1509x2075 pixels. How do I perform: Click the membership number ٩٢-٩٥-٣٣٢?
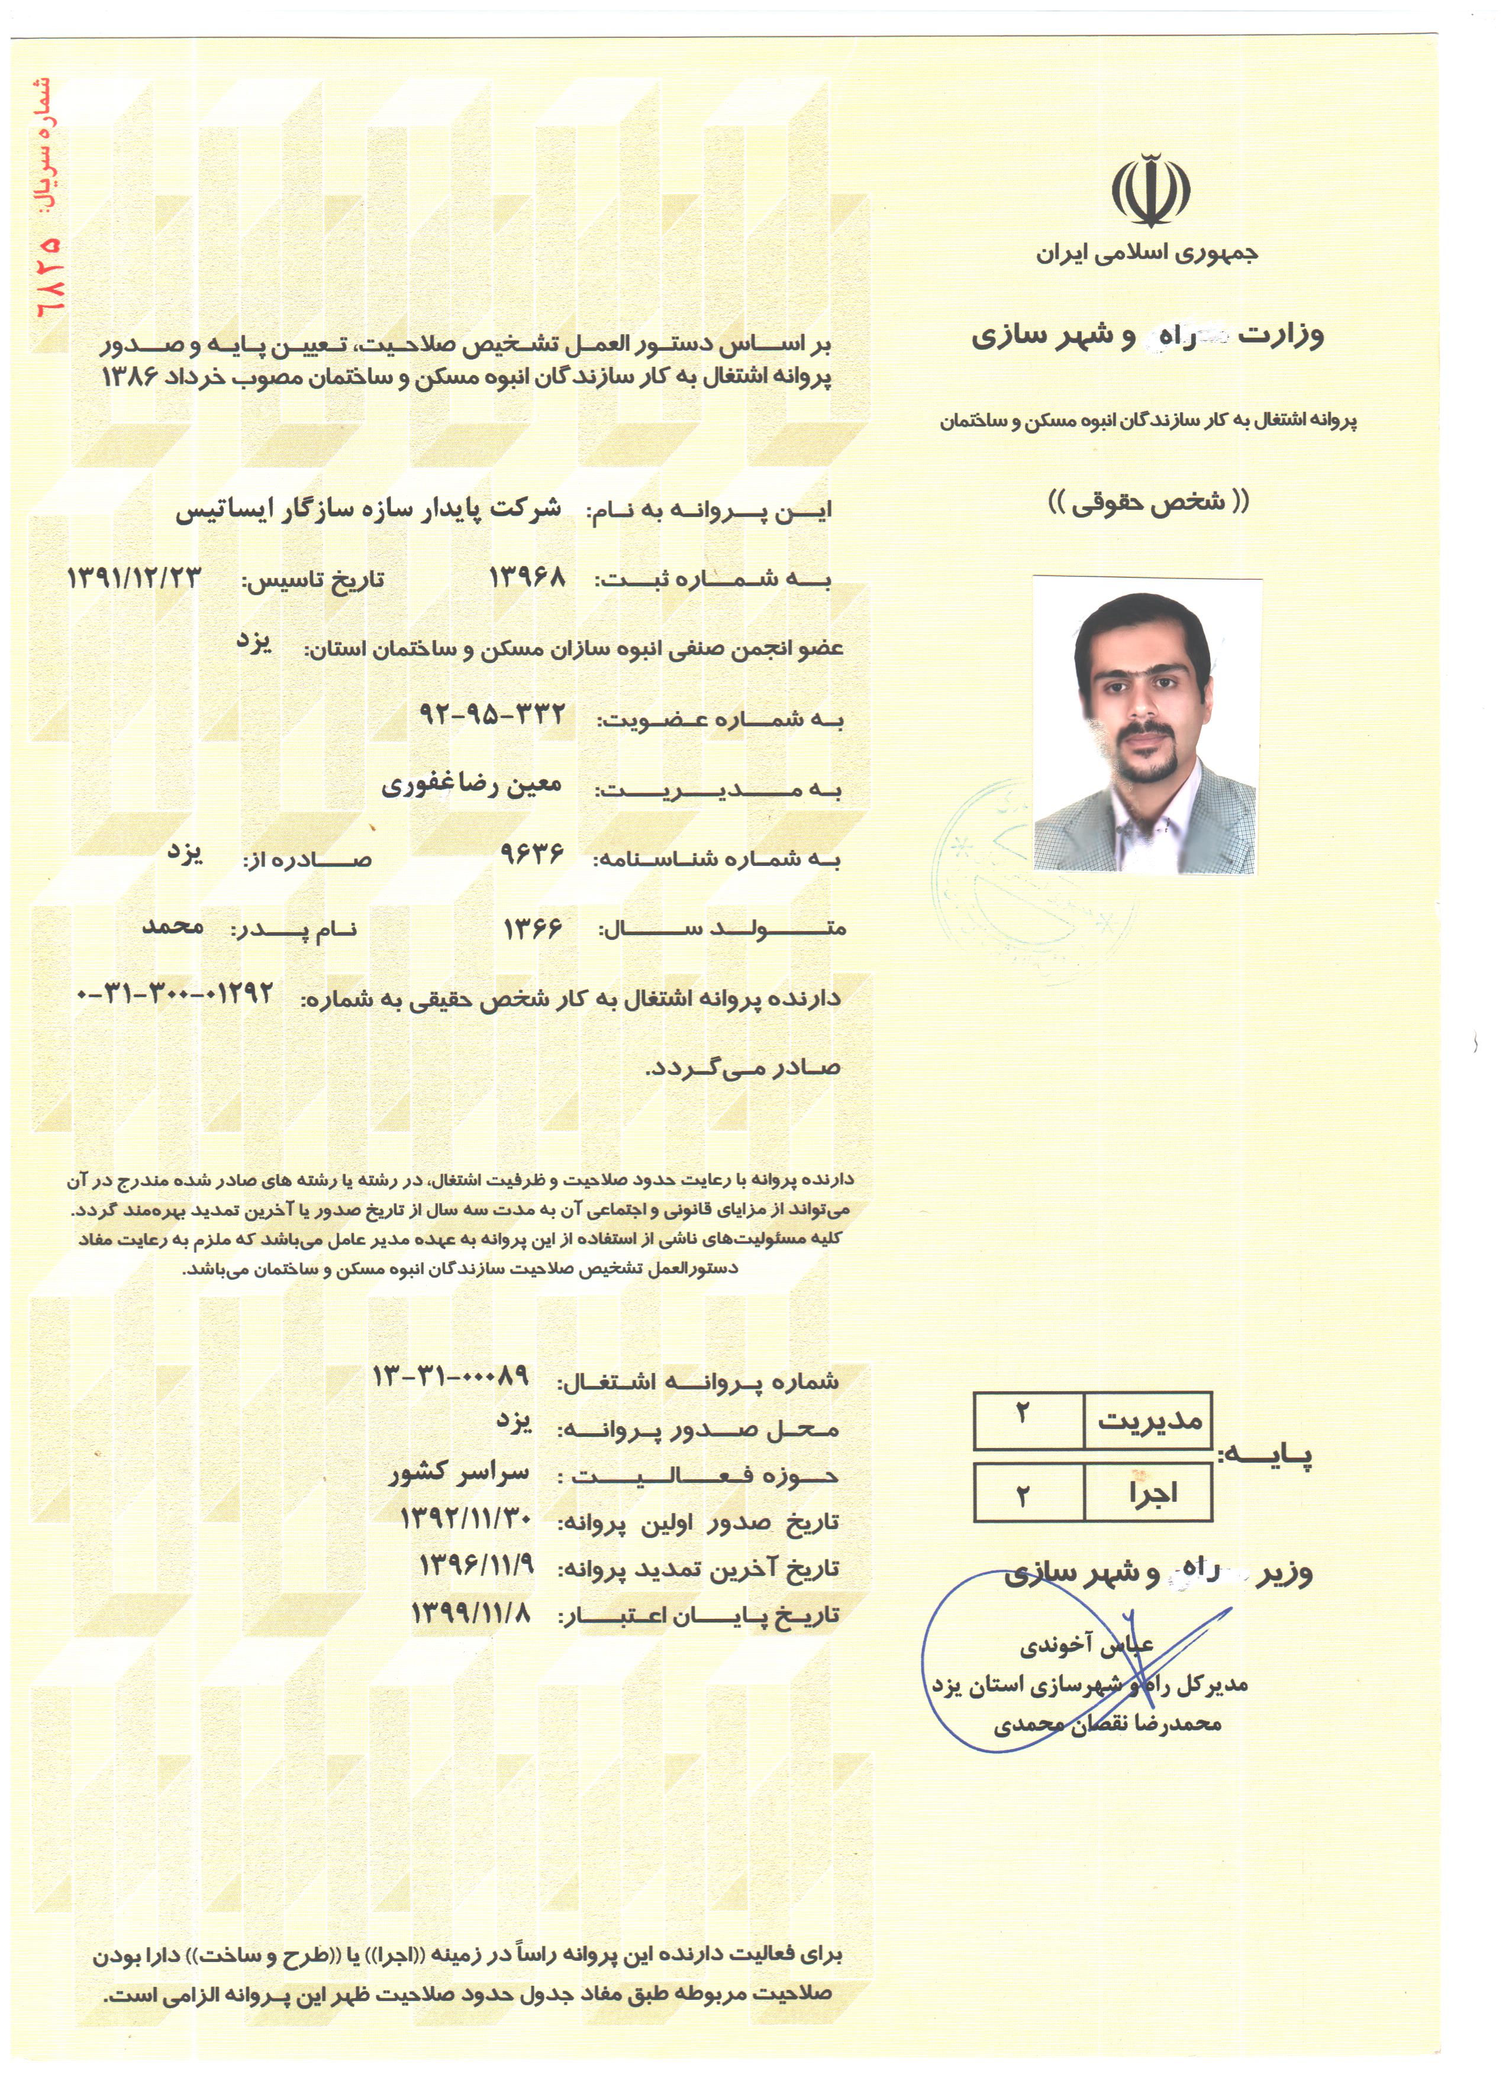[x=492, y=713]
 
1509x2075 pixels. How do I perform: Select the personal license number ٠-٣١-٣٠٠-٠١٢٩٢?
[x=176, y=994]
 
